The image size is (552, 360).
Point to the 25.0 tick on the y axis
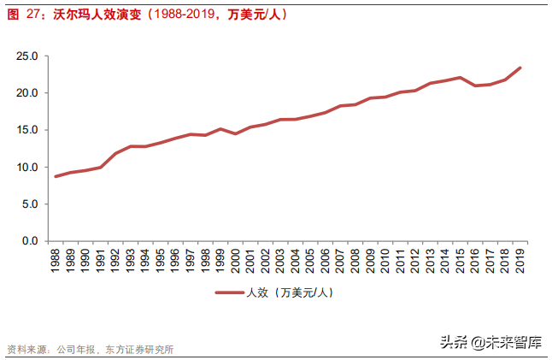(x=27, y=56)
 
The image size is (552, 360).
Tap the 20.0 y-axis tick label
(x=27, y=93)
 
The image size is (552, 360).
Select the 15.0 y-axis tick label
(x=27, y=130)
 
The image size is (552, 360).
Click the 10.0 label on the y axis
(x=27, y=168)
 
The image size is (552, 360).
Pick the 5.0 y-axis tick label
(x=30, y=204)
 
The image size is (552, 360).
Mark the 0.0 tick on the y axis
(x=30, y=241)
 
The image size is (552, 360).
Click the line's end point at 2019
(x=520, y=68)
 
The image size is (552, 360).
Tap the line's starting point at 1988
(x=56, y=176)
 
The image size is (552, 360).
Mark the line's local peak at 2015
(x=461, y=77)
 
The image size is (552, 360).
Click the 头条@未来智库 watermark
(x=490, y=343)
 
